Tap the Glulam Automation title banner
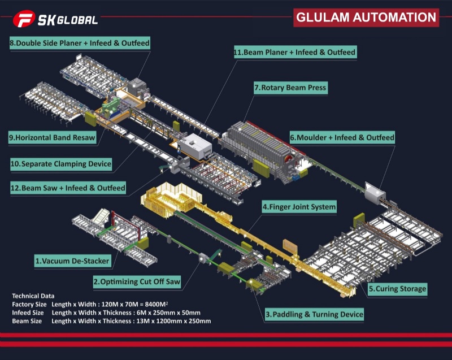[366, 17]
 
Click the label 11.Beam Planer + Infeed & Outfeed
[295, 53]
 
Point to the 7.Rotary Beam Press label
[290, 88]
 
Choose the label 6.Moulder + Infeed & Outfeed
[342, 137]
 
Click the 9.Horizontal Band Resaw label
[52, 137]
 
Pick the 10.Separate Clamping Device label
[61, 164]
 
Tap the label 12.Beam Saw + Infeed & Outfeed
[68, 187]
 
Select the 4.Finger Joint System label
[299, 207]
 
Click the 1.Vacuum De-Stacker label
[72, 261]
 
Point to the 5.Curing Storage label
[397, 289]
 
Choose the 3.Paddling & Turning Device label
[314, 314]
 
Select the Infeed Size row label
[29, 313]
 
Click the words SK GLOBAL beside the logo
[67, 20]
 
